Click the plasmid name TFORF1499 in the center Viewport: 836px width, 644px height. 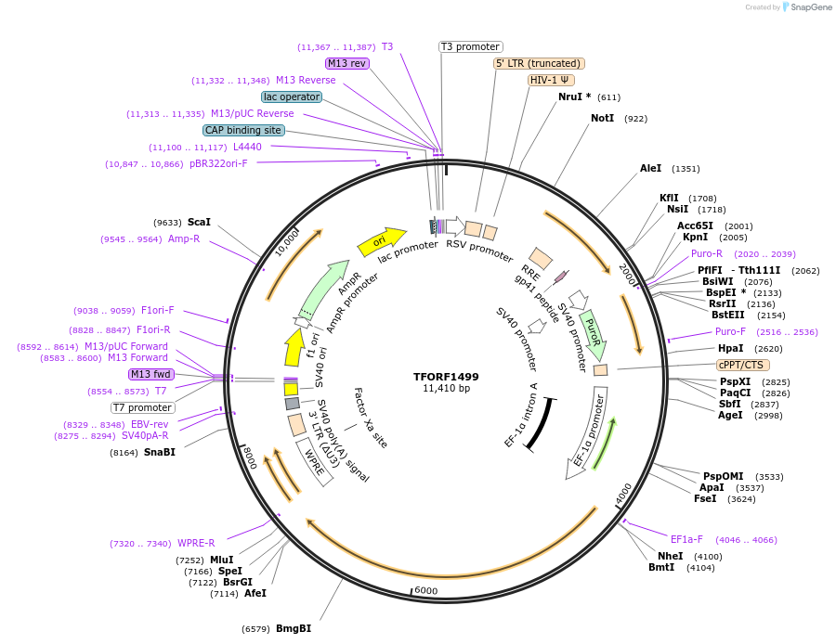point(446,377)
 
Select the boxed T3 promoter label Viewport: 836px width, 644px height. point(470,46)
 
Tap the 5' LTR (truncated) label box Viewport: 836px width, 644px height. point(538,63)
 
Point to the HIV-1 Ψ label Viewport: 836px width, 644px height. point(550,80)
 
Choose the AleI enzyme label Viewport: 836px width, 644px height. point(650,168)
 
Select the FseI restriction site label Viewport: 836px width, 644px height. point(705,498)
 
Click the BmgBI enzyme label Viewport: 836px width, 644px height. point(294,628)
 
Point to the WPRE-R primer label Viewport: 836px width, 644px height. point(196,544)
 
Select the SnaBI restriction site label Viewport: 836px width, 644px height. point(159,452)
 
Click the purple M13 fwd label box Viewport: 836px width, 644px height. point(150,374)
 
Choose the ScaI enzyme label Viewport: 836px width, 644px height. point(199,222)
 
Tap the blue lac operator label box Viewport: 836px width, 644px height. point(292,97)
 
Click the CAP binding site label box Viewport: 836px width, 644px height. point(243,130)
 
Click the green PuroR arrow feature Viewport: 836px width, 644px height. point(593,334)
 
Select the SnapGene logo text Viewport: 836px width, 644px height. point(809,7)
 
